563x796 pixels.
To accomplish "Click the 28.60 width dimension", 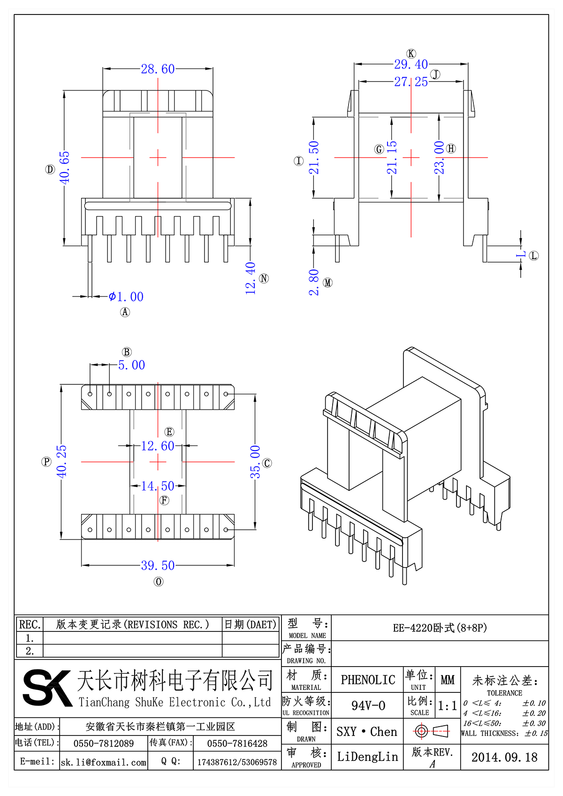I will click(x=158, y=69).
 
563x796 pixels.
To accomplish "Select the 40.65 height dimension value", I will click(x=64, y=167).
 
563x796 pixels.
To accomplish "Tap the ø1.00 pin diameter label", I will click(x=126, y=297).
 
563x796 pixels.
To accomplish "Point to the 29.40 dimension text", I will click(x=411, y=64).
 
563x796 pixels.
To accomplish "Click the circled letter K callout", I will click(x=411, y=53).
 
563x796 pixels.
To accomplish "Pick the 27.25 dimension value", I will click(x=411, y=82).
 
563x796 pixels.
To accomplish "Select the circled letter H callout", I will click(x=451, y=149).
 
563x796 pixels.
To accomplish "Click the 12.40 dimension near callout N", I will click(x=251, y=278).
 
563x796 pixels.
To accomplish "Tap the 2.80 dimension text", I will click(x=314, y=282).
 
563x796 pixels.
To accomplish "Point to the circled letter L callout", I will click(x=534, y=255).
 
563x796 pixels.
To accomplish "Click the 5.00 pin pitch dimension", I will click(x=131, y=365).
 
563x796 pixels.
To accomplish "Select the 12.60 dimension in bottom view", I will click(x=158, y=446).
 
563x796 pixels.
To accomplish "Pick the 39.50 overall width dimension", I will click(x=158, y=565).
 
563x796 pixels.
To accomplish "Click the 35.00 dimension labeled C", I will click(x=255, y=462).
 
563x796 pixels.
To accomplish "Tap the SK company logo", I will click(x=47, y=688).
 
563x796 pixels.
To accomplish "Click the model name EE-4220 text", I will click(x=440, y=628).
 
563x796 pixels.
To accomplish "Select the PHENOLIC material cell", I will click(x=368, y=680).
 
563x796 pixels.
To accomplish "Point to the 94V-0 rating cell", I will click(x=368, y=706).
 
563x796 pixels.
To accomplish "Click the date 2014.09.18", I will click(x=504, y=757).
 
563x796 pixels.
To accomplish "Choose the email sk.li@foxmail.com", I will click(x=104, y=762).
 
